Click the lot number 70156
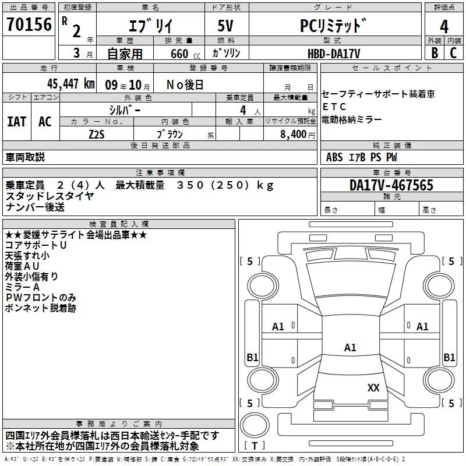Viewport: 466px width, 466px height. point(29,24)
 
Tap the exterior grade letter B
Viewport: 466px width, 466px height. point(434,53)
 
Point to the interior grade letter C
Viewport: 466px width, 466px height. point(453,53)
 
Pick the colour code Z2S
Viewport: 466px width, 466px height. point(97,134)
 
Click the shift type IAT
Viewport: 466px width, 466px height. point(17,122)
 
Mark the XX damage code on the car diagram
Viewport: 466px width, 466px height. point(373,387)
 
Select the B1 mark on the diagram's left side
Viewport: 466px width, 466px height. point(252,358)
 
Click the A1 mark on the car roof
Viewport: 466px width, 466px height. point(350,348)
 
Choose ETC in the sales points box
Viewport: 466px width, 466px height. point(334,107)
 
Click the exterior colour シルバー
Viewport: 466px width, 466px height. point(125,110)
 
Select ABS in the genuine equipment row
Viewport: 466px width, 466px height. point(334,157)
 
